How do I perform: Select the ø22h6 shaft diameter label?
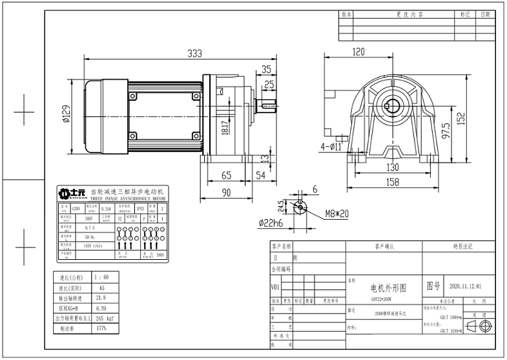click(x=271, y=224)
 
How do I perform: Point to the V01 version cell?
click(x=275, y=288)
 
